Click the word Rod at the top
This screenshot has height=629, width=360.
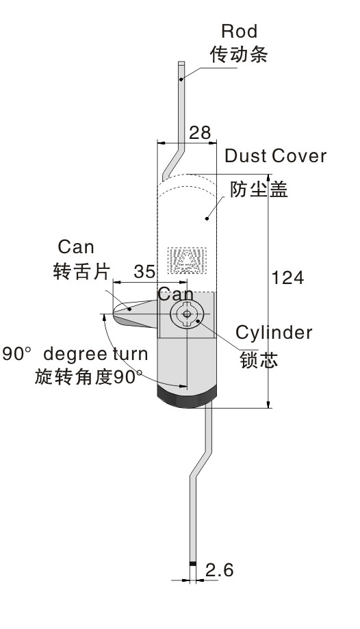point(239,31)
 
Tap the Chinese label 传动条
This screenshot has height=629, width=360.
point(240,54)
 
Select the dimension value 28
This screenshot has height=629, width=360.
point(199,133)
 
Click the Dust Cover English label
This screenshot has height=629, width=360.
point(275,156)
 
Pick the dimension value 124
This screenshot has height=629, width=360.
point(287,278)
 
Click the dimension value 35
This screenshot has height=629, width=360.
point(144,272)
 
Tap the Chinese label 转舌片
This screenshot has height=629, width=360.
point(81,271)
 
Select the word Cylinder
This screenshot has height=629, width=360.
point(274,333)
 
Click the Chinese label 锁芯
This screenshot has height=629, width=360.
point(259,359)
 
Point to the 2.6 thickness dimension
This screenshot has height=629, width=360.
point(220,570)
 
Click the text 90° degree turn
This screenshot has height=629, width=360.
point(75,355)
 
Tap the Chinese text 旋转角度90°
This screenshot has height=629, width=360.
point(88,377)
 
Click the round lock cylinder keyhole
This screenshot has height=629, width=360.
point(187,314)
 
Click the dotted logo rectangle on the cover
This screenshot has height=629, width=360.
point(188,260)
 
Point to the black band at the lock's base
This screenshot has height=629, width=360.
point(187,398)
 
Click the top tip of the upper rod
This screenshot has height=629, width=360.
point(181,62)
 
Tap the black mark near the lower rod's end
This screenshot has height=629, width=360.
point(193,563)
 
